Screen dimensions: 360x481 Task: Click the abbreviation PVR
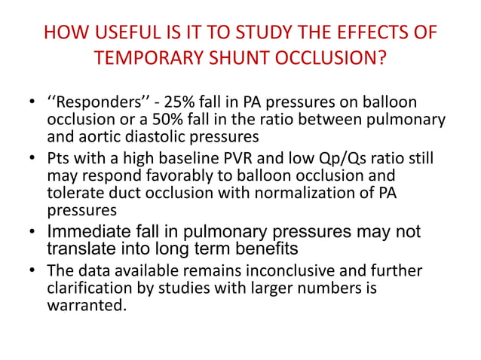(219, 157)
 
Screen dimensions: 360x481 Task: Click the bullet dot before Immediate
(32, 232)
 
